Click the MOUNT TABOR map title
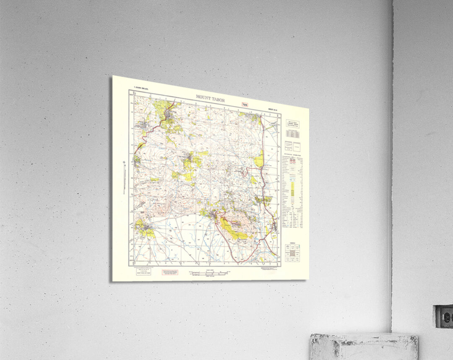[x=210, y=98]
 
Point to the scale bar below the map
[x=208, y=273]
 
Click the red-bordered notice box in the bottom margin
[x=170, y=272]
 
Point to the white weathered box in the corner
[x=364, y=347]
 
